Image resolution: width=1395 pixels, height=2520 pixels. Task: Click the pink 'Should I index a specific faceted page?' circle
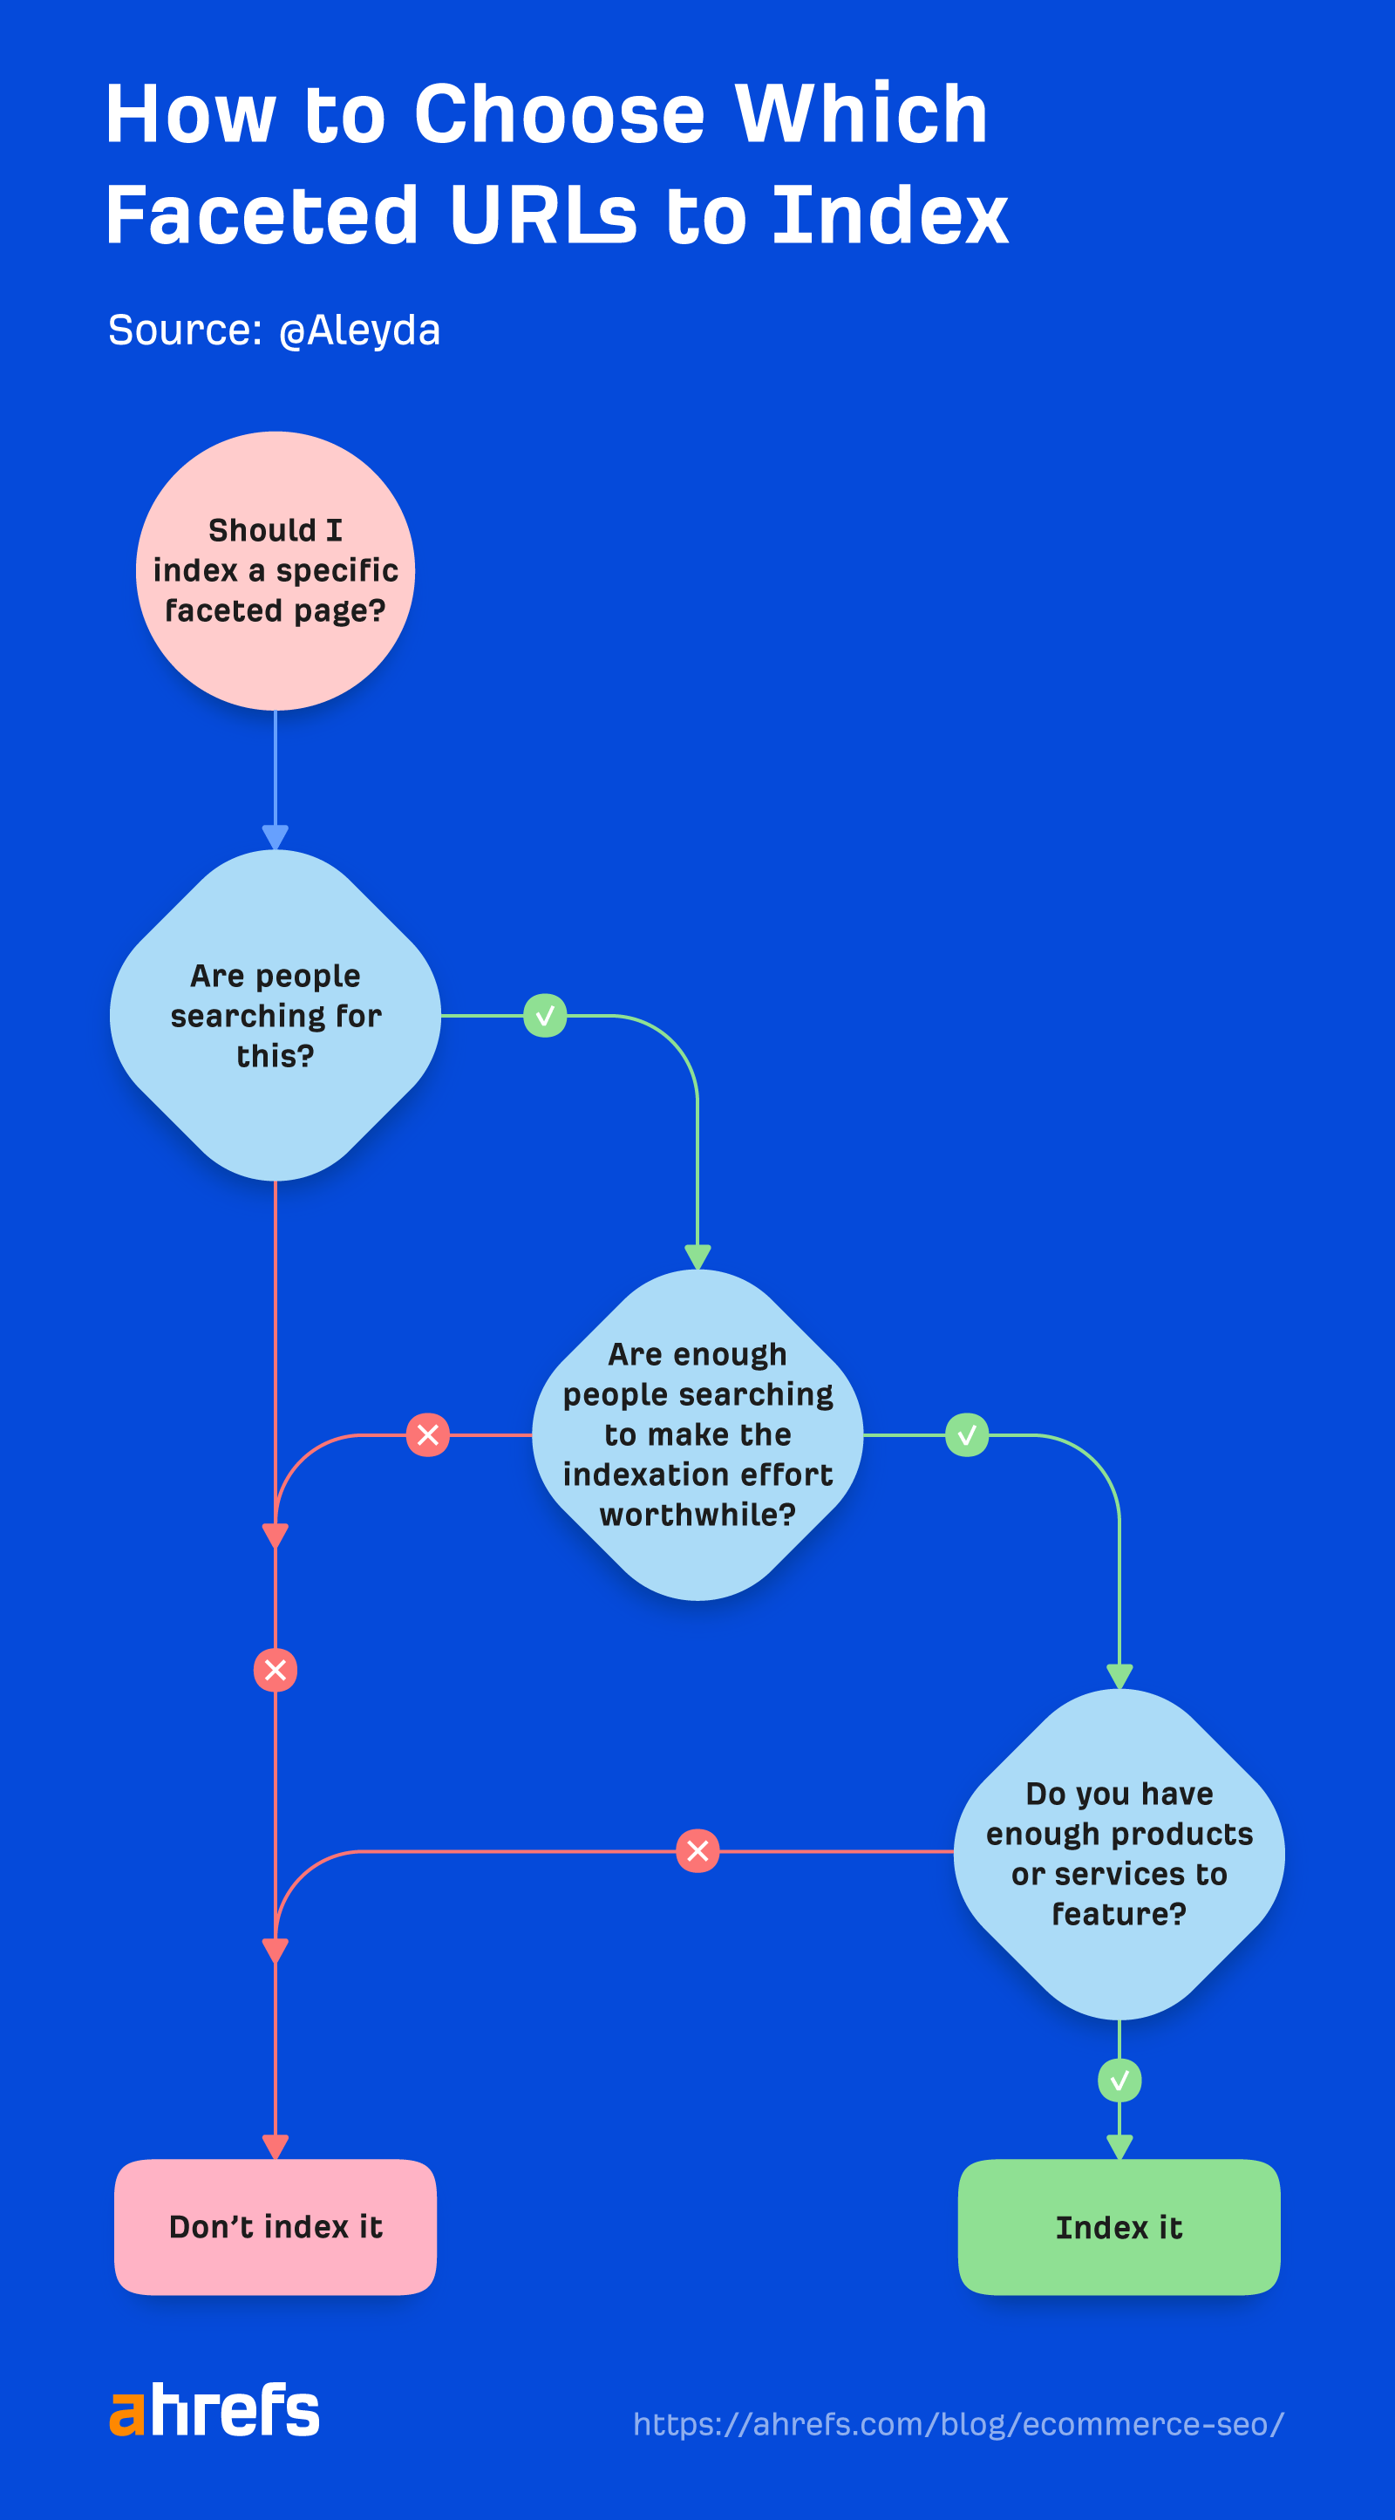[275, 570]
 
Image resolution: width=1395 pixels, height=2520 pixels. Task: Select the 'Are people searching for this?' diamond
[275, 1016]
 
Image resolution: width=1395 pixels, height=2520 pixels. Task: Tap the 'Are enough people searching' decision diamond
[697, 1434]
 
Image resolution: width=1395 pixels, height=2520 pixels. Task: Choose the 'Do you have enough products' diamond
[1119, 1853]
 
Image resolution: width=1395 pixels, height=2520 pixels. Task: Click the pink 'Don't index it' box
[275, 2226]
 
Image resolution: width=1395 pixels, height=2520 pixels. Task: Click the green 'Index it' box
[1119, 2226]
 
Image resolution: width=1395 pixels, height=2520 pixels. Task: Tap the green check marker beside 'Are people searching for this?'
[545, 1016]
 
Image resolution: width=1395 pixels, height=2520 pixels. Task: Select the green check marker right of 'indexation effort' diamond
[967, 1435]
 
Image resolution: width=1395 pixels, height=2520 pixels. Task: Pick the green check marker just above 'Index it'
[1119, 2080]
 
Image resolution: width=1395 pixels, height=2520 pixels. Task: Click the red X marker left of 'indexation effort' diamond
[427, 1435]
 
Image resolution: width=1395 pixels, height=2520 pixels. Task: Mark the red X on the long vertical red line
[275, 1670]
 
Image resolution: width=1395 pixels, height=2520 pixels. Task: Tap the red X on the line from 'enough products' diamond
[697, 1851]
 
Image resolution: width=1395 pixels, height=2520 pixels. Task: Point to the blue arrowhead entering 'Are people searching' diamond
[275, 837]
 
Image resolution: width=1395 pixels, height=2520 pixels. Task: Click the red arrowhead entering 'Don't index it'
[275, 2146]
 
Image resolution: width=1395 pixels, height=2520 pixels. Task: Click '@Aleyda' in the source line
[359, 330]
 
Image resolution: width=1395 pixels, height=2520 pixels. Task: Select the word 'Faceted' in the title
[262, 215]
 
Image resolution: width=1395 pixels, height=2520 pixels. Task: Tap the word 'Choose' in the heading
[559, 113]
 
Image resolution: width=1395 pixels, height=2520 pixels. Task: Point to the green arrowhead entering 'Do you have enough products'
[1119, 1676]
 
